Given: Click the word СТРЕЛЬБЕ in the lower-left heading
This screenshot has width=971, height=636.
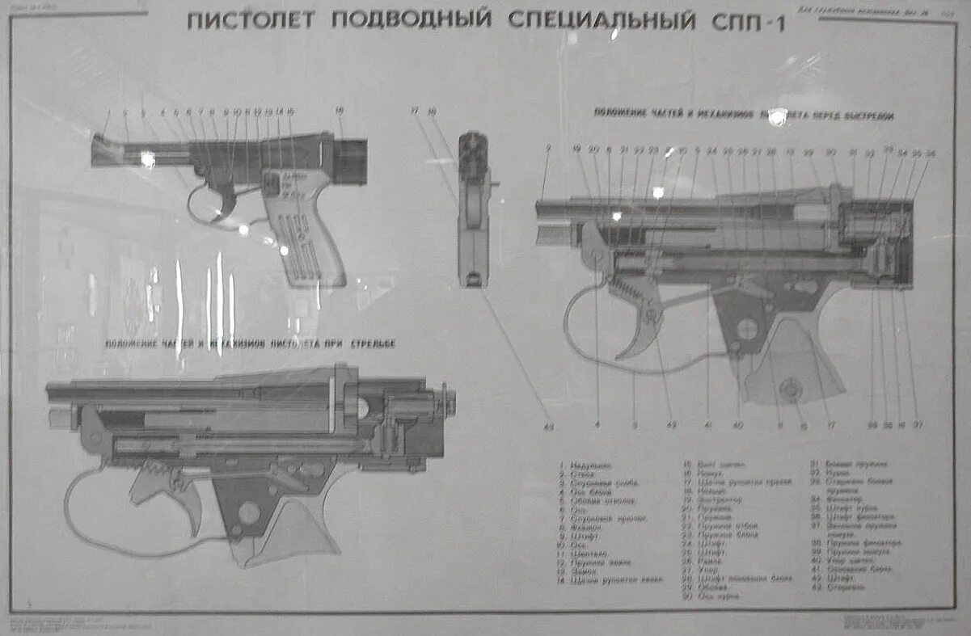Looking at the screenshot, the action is (373, 344).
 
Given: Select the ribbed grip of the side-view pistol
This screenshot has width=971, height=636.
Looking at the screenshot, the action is (308, 234).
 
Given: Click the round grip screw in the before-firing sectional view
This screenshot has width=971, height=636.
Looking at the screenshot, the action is (790, 390).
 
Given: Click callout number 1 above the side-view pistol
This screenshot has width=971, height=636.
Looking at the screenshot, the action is (108, 112).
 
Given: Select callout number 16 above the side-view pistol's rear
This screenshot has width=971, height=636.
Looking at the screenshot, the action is (340, 111).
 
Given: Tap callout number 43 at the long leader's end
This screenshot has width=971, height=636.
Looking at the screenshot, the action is (549, 426).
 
